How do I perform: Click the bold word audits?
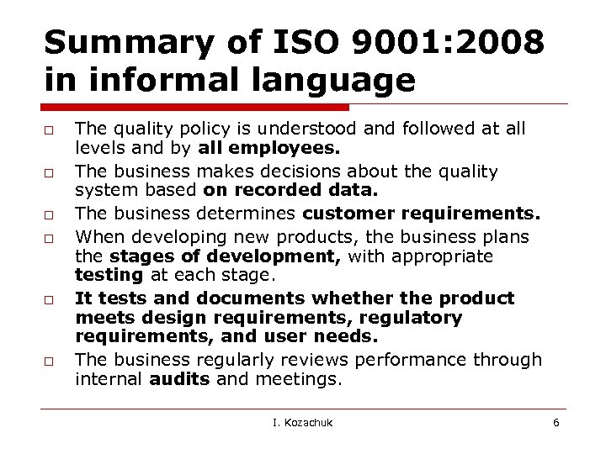(x=178, y=379)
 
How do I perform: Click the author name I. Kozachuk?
(x=302, y=422)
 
